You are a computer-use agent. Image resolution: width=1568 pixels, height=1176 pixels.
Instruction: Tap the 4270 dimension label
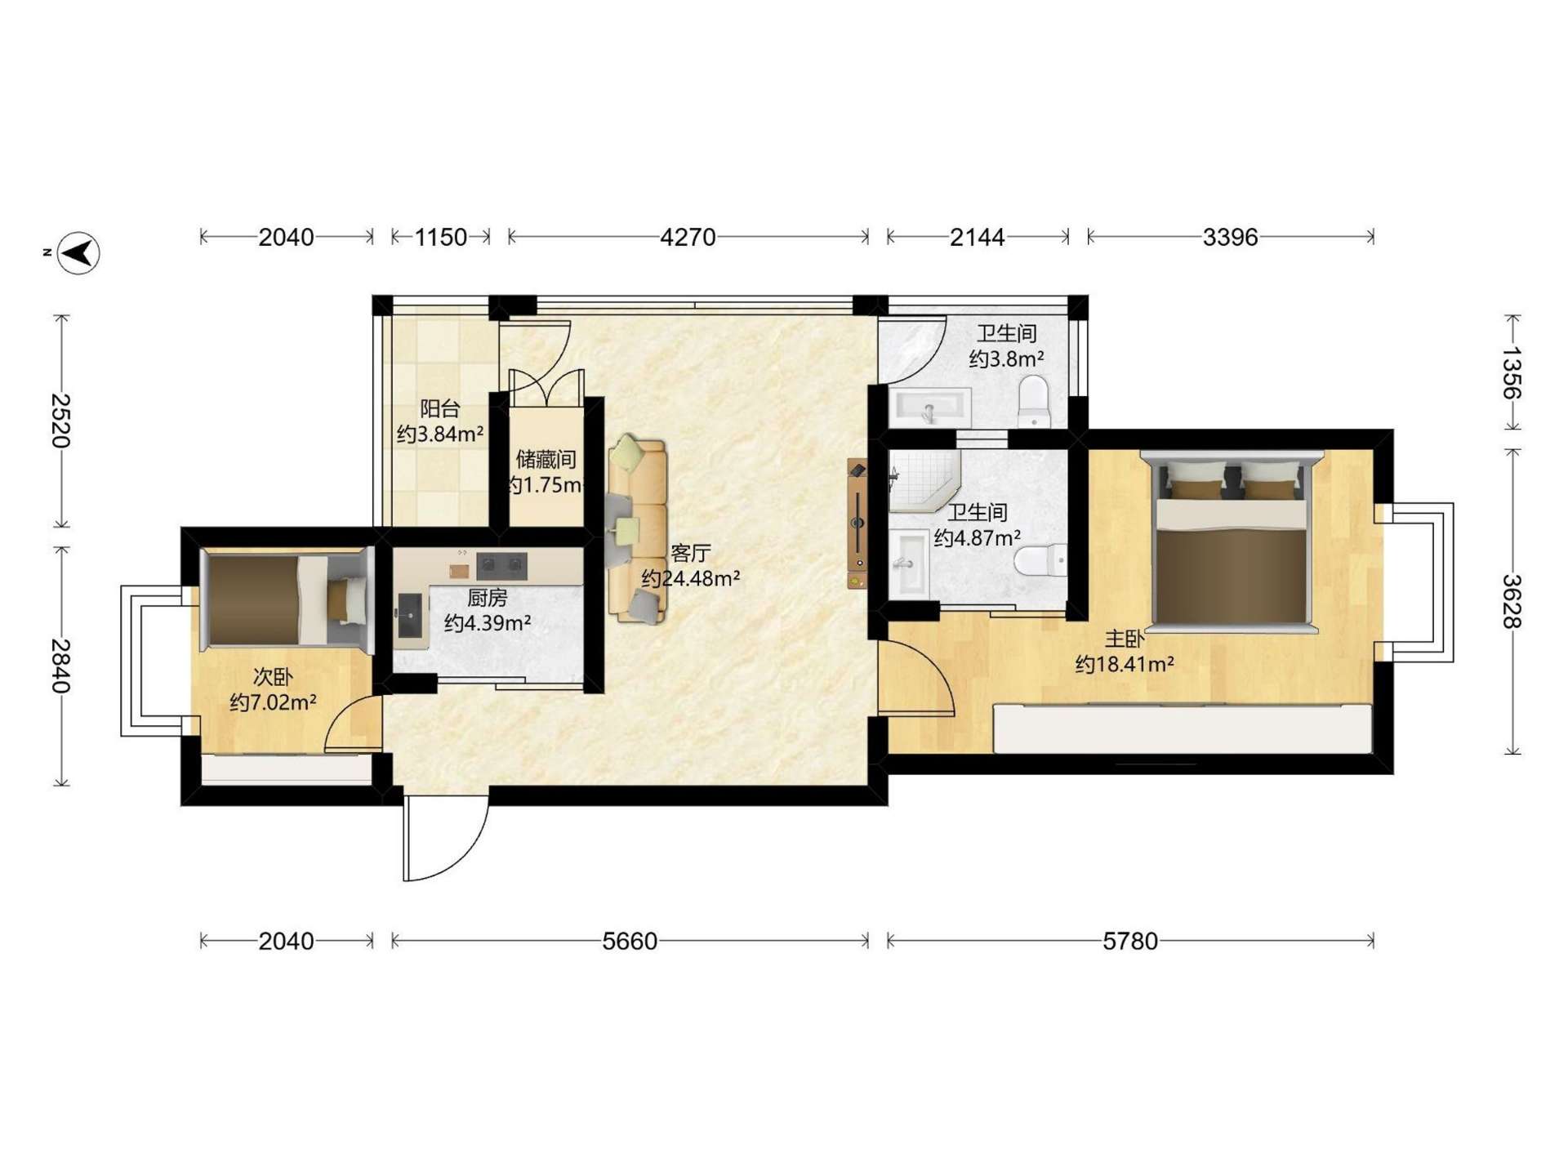click(688, 237)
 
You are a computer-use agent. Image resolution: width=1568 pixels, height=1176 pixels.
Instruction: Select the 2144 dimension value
click(978, 237)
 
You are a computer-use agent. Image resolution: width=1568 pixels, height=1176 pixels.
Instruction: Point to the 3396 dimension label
click(1230, 237)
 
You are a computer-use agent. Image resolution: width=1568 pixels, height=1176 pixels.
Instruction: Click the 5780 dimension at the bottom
click(1130, 942)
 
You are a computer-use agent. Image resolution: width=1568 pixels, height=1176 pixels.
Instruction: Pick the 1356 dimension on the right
click(1512, 372)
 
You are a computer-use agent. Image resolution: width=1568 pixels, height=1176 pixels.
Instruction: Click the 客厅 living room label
click(690, 553)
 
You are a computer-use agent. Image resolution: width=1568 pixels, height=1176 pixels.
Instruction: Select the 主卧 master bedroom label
click(1125, 639)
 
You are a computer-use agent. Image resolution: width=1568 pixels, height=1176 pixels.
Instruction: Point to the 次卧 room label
click(273, 677)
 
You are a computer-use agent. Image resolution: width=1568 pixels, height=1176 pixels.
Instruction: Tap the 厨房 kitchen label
click(488, 598)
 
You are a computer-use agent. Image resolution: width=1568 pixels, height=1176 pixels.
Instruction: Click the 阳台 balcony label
click(440, 408)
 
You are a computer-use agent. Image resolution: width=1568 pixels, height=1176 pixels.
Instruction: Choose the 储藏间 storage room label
click(546, 459)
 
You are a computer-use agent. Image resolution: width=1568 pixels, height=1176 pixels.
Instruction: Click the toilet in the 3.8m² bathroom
click(1035, 401)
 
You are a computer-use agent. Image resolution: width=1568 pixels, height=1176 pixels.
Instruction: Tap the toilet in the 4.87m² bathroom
click(1040, 562)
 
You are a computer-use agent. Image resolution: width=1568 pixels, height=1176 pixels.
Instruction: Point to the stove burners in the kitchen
click(501, 564)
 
